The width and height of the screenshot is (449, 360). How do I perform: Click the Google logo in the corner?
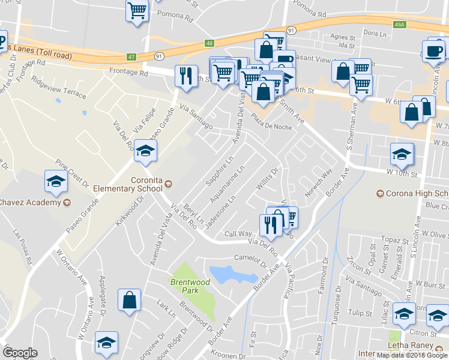pyautogui.click(x=20, y=352)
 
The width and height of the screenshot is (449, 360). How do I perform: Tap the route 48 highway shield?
pyautogui.click(x=209, y=43)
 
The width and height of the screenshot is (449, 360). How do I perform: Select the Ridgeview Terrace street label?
pyautogui.click(x=59, y=88)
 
